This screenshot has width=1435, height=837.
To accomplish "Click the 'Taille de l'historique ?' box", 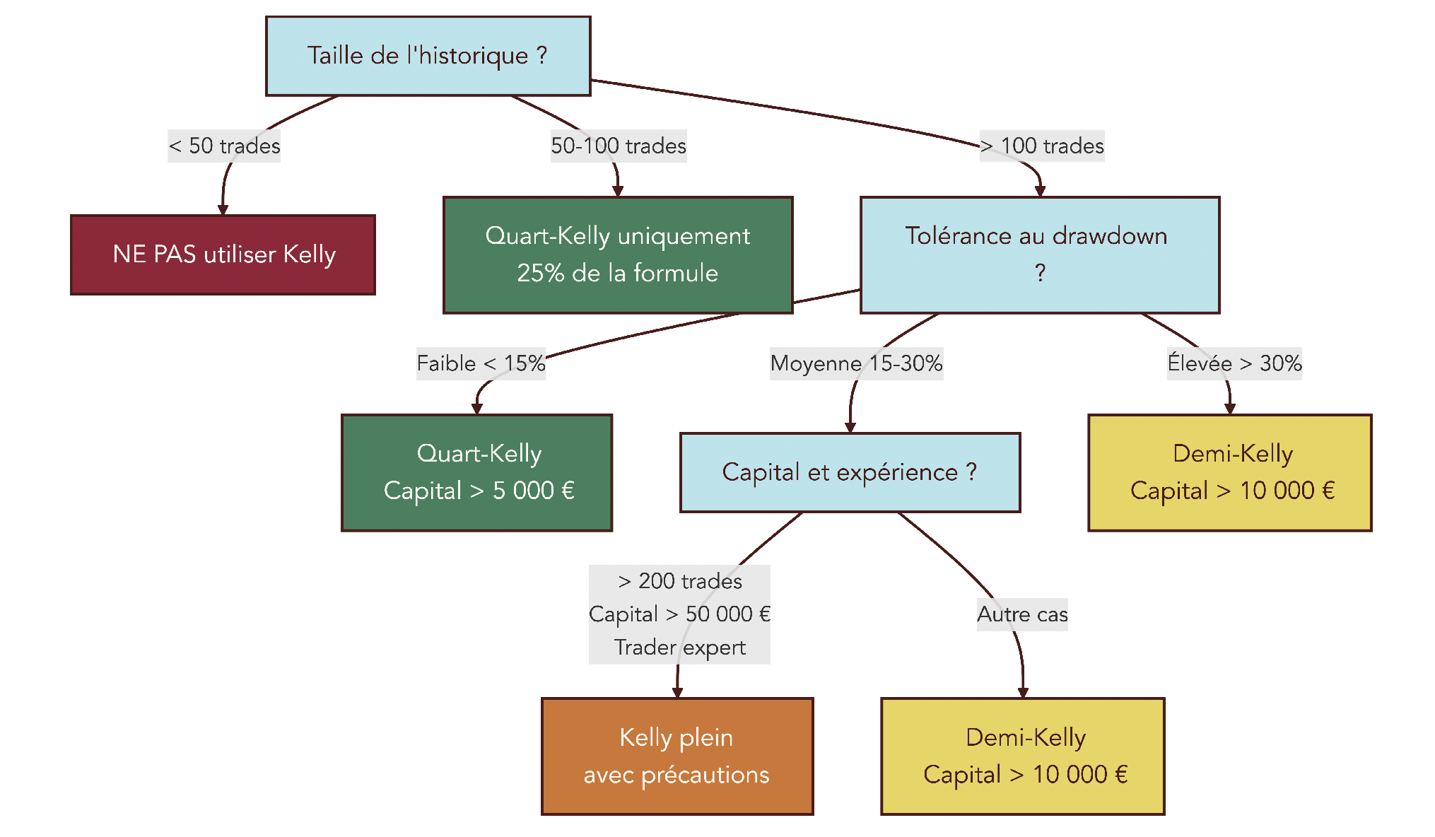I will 428,56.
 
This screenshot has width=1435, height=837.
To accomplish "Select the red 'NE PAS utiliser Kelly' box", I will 223,254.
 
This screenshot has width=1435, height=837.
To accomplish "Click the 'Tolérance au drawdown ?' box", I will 1039,254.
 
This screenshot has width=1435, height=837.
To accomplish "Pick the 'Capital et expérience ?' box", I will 850,472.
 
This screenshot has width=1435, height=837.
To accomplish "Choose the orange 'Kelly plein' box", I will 676,756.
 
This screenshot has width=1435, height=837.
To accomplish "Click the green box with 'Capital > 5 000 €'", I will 476,472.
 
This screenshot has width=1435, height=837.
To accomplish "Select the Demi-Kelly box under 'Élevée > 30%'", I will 1229,472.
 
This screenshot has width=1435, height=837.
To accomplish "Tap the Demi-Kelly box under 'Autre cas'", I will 1022,756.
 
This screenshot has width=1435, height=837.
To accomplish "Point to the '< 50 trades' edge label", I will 224,146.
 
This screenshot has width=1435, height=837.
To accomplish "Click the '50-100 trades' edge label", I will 619,146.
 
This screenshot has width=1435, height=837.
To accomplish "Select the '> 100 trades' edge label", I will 1042,146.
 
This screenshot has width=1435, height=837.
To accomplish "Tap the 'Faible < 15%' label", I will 481,363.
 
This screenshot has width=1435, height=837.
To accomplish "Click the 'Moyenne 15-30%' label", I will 856,363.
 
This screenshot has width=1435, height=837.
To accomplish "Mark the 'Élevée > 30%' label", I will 1234,363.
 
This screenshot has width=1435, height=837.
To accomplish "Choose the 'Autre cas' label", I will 1022,614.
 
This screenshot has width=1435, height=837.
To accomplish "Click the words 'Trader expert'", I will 679,648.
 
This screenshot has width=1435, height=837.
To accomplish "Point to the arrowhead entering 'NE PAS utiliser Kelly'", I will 223,210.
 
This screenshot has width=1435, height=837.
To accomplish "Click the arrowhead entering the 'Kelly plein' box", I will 677,693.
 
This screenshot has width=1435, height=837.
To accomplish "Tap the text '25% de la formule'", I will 617,274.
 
